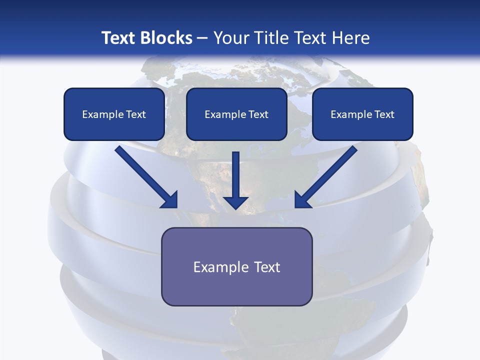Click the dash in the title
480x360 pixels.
point(202,38)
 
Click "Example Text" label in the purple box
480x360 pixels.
point(236,267)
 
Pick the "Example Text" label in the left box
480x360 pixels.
point(114,114)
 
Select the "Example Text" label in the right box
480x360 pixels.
point(362,114)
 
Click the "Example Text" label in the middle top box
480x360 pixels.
point(236,114)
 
